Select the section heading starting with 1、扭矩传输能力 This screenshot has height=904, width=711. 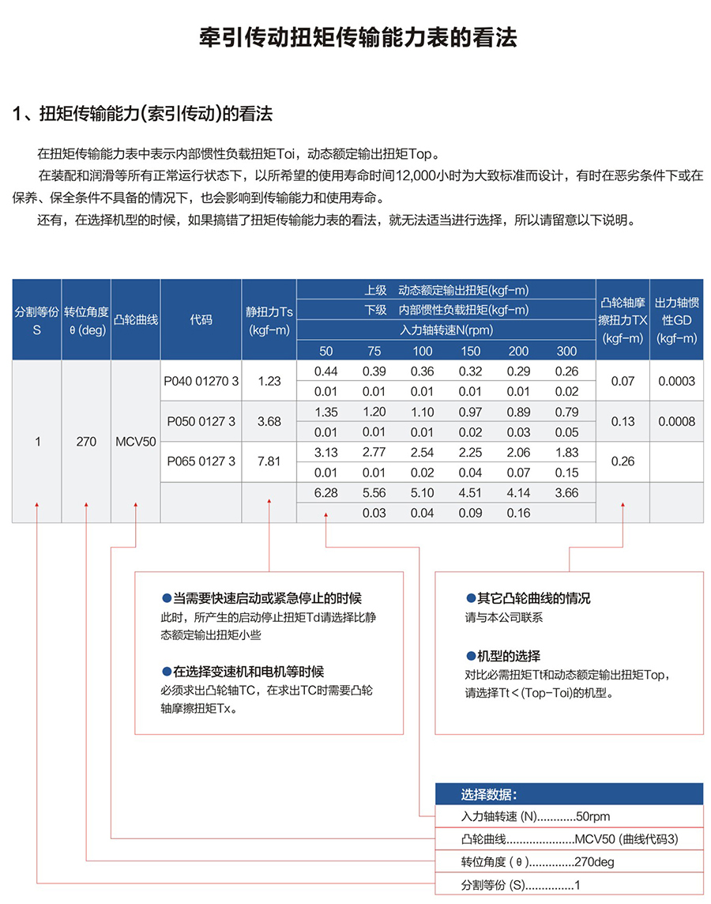pyautogui.click(x=143, y=114)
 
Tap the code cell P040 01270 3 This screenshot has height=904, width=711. pyautogui.click(x=201, y=381)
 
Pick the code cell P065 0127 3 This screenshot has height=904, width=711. pyautogui.click(x=201, y=461)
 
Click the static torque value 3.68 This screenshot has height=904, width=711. pyautogui.click(x=269, y=421)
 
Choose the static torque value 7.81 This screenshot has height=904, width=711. pyautogui.click(x=269, y=461)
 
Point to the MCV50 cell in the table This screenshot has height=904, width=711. pyautogui.click(x=136, y=442)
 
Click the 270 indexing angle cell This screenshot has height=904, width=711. pyautogui.click(x=87, y=442)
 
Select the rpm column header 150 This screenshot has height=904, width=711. pyautogui.click(x=471, y=351)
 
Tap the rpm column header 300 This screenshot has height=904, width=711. pyautogui.click(x=566, y=351)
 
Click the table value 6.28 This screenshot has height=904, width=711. pyautogui.click(x=325, y=492)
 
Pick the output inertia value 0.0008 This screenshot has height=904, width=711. pyautogui.click(x=676, y=421)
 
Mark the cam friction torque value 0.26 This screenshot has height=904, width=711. pyautogui.click(x=623, y=461)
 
